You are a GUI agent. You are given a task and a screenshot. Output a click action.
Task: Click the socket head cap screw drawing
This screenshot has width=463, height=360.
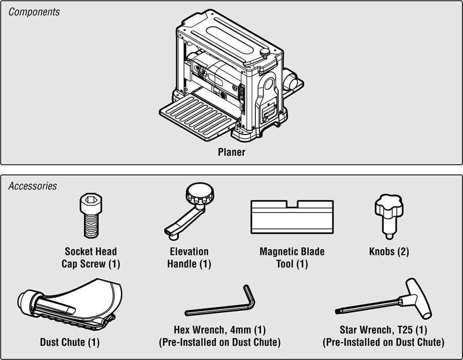(x=91, y=216)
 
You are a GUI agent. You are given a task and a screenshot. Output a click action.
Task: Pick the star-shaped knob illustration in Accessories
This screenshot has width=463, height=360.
(x=389, y=216)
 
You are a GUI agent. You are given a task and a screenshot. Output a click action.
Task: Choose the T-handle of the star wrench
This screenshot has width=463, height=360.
(x=419, y=298)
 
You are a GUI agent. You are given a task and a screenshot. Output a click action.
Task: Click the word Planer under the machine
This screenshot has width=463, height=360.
(x=231, y=152)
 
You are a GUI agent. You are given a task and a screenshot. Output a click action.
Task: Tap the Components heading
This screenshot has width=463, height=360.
(x=34, y=12)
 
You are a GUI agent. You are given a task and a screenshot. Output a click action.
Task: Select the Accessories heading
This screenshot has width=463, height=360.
(x=33, y=186)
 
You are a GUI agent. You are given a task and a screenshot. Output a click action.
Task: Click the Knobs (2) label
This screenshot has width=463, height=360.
(x=389, y=252)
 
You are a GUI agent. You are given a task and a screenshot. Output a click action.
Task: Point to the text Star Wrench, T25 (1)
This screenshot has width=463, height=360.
(x=383, y=329)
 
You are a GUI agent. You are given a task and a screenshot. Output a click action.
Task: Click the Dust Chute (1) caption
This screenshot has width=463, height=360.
(x=70, y=342)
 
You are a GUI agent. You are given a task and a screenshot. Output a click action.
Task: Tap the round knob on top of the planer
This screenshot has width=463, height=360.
(x=265, y=53)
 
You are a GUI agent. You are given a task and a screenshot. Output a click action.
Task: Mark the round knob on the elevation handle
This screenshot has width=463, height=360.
(x=200, y=193)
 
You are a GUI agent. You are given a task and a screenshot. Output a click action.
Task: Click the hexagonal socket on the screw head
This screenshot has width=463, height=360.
(x=91, y=200)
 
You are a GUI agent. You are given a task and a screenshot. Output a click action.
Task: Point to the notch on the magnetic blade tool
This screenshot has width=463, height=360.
(x=292, y=204)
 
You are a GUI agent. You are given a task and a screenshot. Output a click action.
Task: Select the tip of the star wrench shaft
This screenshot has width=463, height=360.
(x=337, y=311)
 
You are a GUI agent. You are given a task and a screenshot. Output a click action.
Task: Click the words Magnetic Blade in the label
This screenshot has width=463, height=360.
(x=292, y=252)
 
